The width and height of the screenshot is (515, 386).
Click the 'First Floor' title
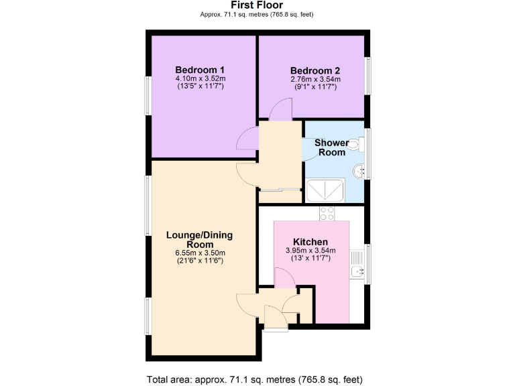tap(257, 5)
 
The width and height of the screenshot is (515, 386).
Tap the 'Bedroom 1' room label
tap(200, 70)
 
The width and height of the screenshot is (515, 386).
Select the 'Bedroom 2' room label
tap(315, 70)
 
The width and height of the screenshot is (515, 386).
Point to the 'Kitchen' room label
tap(310, 242)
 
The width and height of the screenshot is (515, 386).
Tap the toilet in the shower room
tap(356, 145)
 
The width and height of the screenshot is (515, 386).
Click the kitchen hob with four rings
tap(327, 214)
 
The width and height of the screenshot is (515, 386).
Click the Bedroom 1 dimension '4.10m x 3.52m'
tap(200, 78)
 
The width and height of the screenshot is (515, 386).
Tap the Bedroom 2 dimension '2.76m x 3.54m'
tap(315, 79)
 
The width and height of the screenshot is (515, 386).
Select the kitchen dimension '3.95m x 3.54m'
tap(310, 251)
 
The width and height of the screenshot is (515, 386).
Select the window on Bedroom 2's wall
tap(367, 75)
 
